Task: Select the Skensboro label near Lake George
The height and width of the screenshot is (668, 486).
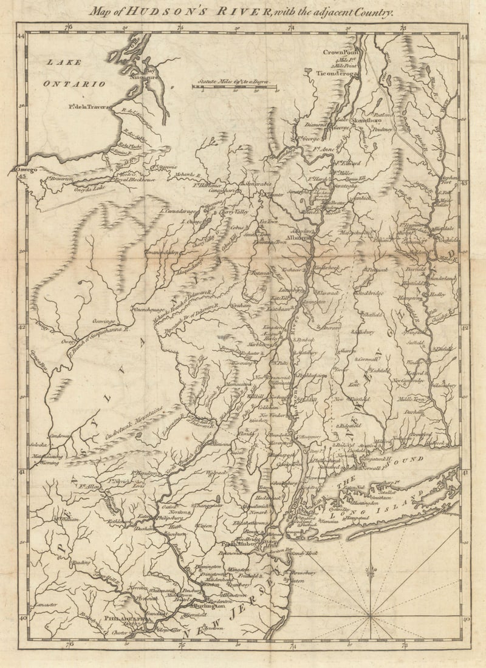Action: coord(368,121)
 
